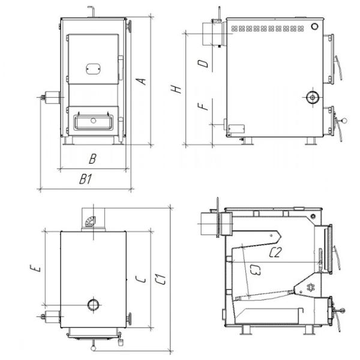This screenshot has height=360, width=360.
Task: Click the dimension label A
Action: click(141, 81)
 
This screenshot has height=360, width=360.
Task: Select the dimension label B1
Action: click(86, 179)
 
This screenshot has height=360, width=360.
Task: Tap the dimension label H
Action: click(176, 89)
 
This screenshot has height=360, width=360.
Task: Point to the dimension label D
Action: click(203, 64)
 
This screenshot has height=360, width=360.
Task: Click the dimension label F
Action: click(203, 107)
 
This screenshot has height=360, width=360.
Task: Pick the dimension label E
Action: click(36, 268)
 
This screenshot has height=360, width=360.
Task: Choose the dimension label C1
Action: click(160, 279)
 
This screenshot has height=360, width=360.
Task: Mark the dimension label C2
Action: click(275, 253)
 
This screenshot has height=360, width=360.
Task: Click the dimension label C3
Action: click(256, 270)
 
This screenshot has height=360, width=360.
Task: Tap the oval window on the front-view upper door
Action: click(93, 69)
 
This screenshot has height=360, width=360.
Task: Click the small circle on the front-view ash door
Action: click(93, 121)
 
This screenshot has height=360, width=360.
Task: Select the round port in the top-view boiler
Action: click(94, 305)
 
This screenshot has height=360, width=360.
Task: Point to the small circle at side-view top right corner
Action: click(314, 26)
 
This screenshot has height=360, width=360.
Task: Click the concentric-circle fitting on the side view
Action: click(312, 98)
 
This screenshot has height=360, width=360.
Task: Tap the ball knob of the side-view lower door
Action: click(344, 120)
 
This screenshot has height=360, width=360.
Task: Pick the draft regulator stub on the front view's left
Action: click(50, 98)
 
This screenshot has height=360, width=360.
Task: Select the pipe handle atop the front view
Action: click(91, 11)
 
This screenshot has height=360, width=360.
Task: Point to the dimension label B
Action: click(92, 158)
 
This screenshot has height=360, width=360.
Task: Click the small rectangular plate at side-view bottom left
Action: click(236, 129)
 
